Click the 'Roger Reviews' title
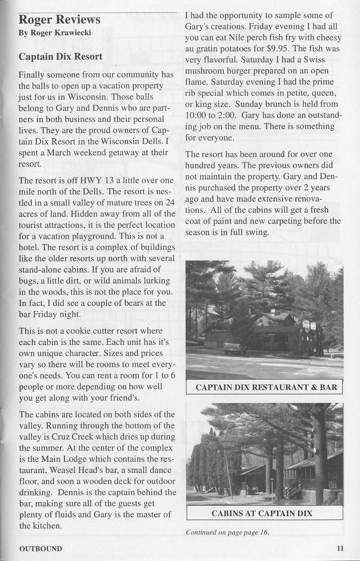60,20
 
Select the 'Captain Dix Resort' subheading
60,57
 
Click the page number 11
340,548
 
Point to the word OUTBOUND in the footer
40,549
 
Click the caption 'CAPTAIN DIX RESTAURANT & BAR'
266,387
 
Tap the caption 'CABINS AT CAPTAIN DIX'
262,513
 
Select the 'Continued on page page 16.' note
228,532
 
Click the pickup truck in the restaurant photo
235,347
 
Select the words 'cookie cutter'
84,331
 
